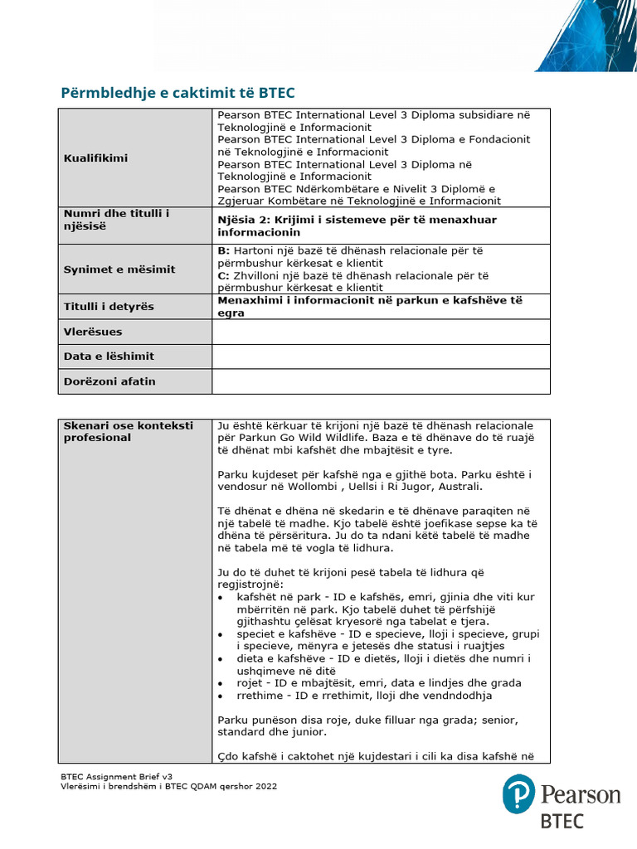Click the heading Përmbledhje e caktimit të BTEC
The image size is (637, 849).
(177, 92)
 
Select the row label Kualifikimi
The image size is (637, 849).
(95, 158)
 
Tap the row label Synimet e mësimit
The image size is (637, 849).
(108, 269)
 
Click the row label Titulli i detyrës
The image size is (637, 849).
(109, 306)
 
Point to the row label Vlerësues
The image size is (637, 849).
(93, 332)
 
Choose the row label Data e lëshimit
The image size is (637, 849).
(109, 357)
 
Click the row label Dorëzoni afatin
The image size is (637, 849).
(109, 381)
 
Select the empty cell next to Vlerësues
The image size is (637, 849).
(381, 332)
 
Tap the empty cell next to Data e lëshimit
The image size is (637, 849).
(381, 357)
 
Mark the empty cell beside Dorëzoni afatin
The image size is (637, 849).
(381, 381)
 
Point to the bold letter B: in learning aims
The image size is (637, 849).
(223, 250)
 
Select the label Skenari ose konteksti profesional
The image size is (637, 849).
(128, 431)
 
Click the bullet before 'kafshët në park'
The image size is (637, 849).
(220, 597)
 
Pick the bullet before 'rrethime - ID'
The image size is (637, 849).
(220, 696)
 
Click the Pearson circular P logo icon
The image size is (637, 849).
(518, 794)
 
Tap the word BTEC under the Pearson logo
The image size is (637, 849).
(562, 822)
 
